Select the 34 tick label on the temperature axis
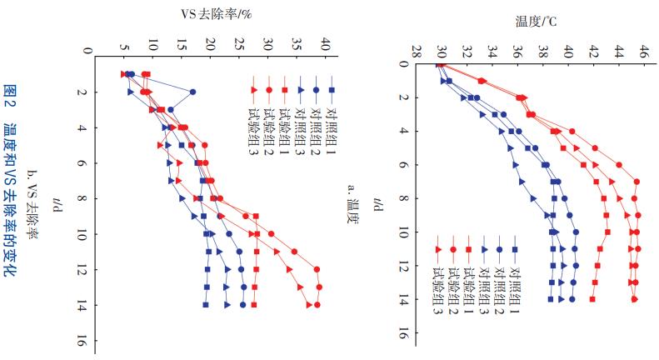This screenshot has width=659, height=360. pos(492,51)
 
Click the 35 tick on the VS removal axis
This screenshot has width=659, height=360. pos(297,45)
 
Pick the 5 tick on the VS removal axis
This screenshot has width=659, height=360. pos(124,45)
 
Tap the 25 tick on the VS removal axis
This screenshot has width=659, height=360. pos(239,45)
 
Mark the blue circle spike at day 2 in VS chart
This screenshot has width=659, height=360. pos(193,92)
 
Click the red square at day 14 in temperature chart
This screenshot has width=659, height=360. pos(592,298)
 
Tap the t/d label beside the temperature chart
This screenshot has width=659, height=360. pos(379,203)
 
